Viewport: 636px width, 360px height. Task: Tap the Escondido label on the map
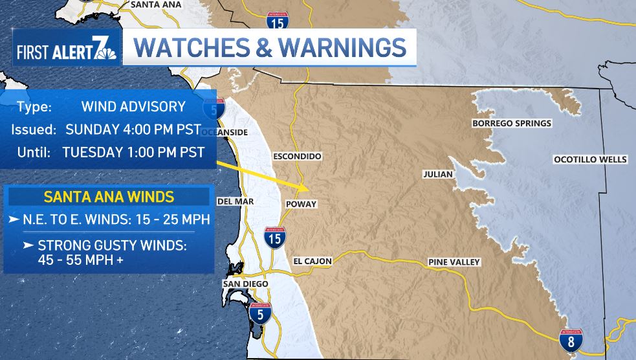click(297, 157)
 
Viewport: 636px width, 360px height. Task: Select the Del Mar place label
click(236, 201)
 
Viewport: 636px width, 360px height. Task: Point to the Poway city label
click(301, 204)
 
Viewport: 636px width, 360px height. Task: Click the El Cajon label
click(313, 262)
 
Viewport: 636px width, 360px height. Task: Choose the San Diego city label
click(245, 284)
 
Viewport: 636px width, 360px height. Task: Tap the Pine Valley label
click(454, 262)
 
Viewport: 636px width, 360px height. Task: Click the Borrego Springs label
click(512, 124)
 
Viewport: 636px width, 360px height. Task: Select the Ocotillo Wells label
click(590, 159)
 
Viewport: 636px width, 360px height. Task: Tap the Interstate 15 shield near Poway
click(275, 238)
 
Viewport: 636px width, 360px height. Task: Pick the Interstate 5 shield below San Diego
click(260, 313)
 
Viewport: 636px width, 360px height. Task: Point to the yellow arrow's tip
click(309, 188)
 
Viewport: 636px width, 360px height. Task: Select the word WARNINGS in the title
click(342, 48)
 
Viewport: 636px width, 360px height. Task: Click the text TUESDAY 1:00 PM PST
click(134, 153)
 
